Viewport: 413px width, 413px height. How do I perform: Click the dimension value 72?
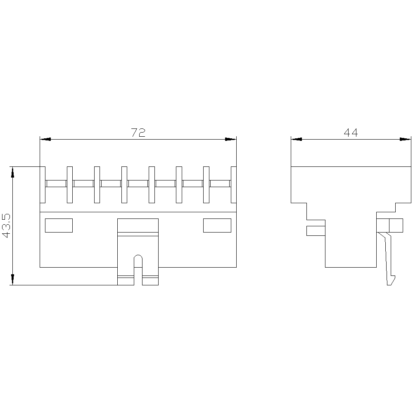[138, 133]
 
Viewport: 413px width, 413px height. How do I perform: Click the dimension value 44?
[351, 133]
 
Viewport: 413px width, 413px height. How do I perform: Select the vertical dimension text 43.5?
[7, 226]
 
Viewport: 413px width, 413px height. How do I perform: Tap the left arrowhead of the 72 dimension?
[45, 139]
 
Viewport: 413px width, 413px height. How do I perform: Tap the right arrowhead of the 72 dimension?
[231, 139]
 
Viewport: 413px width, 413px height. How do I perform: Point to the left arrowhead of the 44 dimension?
[297, 139]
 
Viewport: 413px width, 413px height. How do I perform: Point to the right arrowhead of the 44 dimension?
[406, 139]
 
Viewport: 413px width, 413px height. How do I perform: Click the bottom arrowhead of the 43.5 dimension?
[12, 280]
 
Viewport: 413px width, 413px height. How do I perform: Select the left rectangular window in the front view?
[59, 225]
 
